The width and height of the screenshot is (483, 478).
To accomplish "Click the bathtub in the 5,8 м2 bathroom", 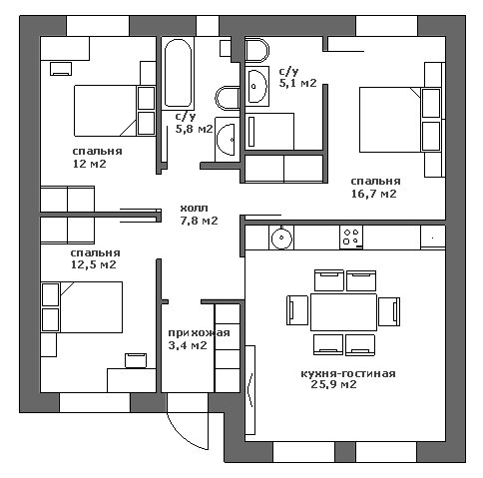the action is (x=179, y=73).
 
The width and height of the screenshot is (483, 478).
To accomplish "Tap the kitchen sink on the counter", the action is (x=281, y=238).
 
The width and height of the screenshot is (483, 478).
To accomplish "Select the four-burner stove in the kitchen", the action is (x=351, y=238).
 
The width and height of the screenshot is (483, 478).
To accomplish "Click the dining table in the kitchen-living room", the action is (x=343, y=312).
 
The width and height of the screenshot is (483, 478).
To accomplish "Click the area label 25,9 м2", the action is (x=333, y=385).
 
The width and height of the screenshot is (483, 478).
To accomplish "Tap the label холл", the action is (x=195, y=209).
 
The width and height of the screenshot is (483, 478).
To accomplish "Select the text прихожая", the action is (x=199, y=333).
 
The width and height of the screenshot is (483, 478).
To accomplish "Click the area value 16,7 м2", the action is (x=374, y=194).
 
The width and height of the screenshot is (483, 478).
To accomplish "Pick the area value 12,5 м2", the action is (x=94, y=264).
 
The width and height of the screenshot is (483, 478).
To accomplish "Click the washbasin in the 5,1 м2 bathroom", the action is (x=256, y=86).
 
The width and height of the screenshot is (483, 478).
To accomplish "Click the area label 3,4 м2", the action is (x=188, y=345).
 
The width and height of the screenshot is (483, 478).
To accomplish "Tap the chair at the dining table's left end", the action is (x=297, y=310).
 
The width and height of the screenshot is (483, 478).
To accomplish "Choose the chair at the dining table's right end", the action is (x=389, y=311).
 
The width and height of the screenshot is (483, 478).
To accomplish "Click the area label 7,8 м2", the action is (x=200, y=221).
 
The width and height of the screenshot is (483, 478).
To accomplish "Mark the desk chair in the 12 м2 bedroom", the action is (x=61, y=69).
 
